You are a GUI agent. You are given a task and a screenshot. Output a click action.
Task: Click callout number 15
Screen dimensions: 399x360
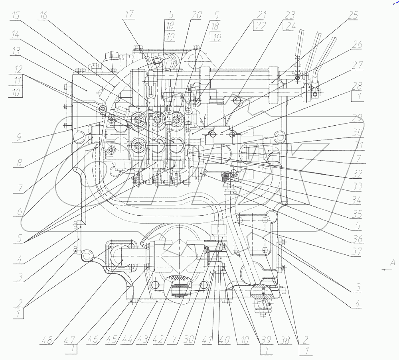(x=16, y=16)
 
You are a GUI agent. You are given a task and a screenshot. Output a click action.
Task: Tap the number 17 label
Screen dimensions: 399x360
(x=129, y=14)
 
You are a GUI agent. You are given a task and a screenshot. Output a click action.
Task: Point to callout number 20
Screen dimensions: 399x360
(x=196, y=15)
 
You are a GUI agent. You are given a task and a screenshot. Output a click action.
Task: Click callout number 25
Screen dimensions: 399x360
(x=353, y=15)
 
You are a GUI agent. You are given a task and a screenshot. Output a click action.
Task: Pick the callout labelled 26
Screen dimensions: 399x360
(x=357, y=45)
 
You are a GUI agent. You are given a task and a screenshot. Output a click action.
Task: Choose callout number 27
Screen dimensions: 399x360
(x=357, y=65)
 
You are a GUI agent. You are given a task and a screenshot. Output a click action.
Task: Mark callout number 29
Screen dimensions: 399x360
(x=357, y=118)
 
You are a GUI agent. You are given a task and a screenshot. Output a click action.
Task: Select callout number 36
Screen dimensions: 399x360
(x=358, y=239)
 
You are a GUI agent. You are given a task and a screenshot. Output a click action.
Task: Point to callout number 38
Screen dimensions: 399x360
(x=284, y=340)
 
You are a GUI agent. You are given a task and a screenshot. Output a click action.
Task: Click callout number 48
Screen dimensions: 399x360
(x=47, y=340)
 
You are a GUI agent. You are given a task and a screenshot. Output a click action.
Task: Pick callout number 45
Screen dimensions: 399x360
(x=111, y=340)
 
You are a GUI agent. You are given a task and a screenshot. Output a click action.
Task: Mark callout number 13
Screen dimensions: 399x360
(x=16, y=51)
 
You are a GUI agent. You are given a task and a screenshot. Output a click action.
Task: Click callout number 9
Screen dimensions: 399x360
(x=19, y=138)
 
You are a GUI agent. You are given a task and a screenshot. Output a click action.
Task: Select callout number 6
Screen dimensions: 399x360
(x=19, y=211)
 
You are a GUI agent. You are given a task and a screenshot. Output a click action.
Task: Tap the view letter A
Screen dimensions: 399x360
(x=393, y=262)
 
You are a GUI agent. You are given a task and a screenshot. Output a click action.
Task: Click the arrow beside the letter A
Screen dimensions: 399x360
(x=387, y=270)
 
